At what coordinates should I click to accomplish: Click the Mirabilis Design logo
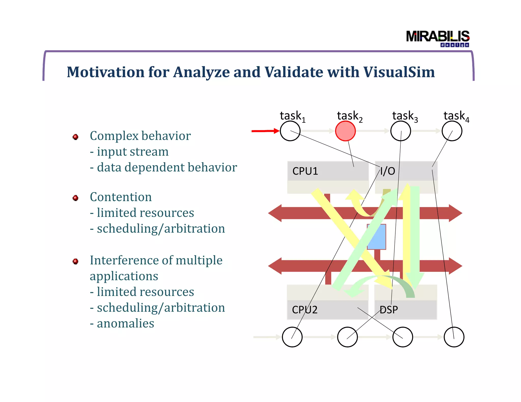coord(438,38)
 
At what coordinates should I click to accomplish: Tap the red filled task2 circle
coord(345,131)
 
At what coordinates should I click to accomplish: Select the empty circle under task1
coord(290,131)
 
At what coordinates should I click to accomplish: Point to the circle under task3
coord(401,131)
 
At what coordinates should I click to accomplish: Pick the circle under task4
coord(452,131)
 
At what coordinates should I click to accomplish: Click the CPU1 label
coord(305,171)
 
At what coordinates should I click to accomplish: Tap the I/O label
coord(387,171)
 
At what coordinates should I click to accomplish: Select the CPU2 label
coord(305,310)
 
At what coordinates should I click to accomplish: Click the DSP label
coord(389,310)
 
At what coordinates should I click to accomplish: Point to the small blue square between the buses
coord(377,237)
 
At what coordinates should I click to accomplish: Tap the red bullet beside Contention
coord(76,198)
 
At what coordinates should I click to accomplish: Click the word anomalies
coord(125,323)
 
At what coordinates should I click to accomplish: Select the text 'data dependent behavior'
coord(167,167)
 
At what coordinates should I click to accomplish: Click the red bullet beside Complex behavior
coord(76,137)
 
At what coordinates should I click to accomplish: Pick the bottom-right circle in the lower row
coord(454,337)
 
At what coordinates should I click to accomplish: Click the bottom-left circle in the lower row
coord(292,337)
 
